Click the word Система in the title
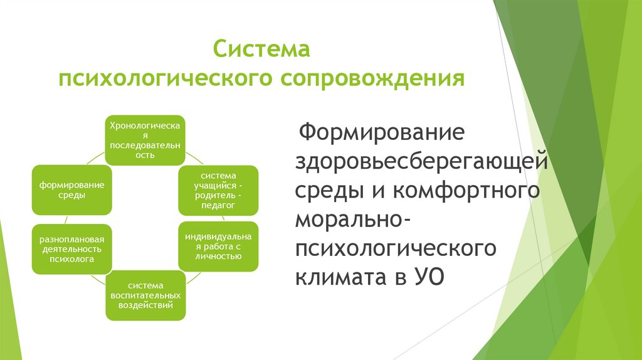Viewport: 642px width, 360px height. tap(262, 48)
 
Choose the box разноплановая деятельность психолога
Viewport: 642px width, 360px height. tap(72, 248)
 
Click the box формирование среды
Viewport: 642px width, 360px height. tap(72, 190)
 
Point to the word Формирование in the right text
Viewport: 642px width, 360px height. tap(380, 134)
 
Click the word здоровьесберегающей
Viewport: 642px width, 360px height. tap(423, 161)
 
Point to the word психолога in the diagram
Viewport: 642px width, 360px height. tap(72, 258)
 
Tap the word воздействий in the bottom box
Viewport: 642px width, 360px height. tap(145, 306)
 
